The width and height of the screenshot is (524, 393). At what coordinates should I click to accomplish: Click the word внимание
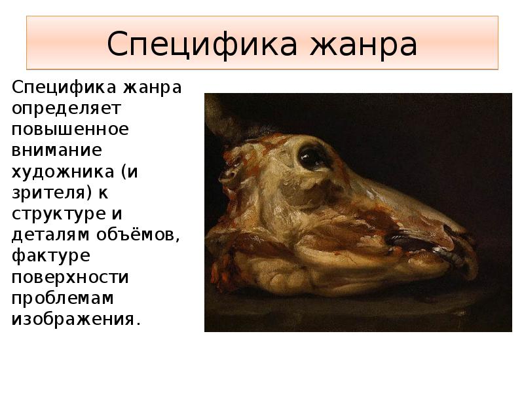[58, 150]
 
